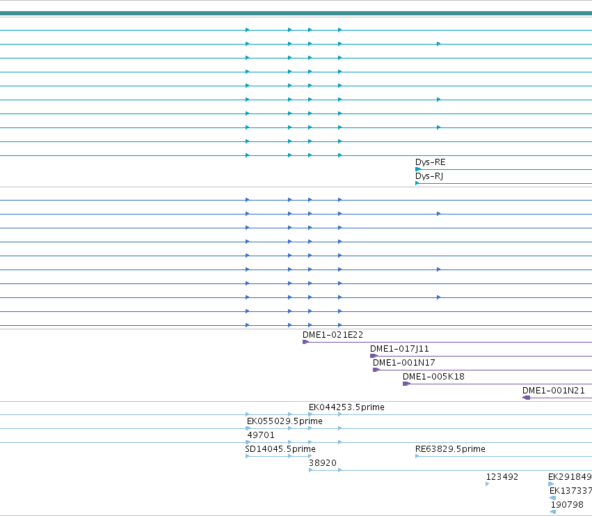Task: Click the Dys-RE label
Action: (430, 162)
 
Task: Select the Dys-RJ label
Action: (429, 176)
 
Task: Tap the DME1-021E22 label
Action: (333, 335)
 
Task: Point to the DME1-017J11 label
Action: (399, 349)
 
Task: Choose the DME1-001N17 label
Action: (403, 363)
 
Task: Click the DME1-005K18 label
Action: (433, 377)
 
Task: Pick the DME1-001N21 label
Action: (554, 391)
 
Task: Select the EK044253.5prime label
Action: (346, 407)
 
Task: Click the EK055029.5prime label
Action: (285, 421)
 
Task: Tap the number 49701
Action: (260, 435)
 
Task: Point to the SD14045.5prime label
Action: (280, 449)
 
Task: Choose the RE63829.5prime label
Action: (450, 449)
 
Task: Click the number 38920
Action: (322, 463)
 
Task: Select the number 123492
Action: (502, 477)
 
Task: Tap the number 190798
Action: (567, 505)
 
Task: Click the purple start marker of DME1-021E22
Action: (305, 342)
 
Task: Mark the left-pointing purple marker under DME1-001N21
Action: (527, 398)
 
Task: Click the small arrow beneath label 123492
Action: (488, 484)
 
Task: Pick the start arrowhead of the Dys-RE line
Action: (417, 169)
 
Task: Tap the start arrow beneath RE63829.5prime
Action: (417, 456)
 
